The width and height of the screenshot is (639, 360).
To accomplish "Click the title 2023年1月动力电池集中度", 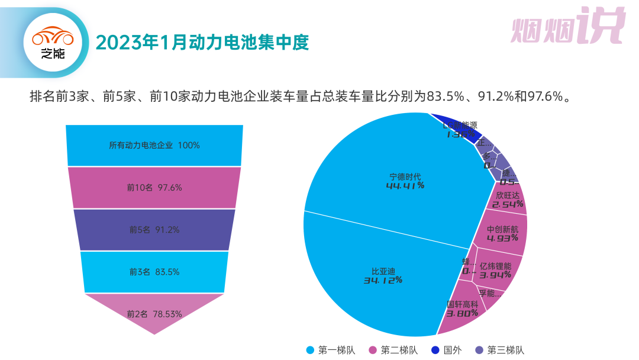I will coord(202,43).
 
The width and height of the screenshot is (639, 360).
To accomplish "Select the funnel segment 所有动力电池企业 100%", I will coord(154,145).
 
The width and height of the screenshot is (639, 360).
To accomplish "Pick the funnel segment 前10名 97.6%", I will coord(154,188).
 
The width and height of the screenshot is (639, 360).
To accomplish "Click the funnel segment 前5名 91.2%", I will coord(154,230).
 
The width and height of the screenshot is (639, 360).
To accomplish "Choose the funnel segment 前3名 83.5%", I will coord(154,272).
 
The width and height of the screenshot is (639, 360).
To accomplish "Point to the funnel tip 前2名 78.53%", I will coord(154,314).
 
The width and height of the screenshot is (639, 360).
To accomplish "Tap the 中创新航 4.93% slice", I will coord(502,233).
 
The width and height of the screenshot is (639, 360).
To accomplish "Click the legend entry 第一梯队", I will coord(331,350).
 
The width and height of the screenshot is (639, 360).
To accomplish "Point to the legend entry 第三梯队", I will coord(500,350).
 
